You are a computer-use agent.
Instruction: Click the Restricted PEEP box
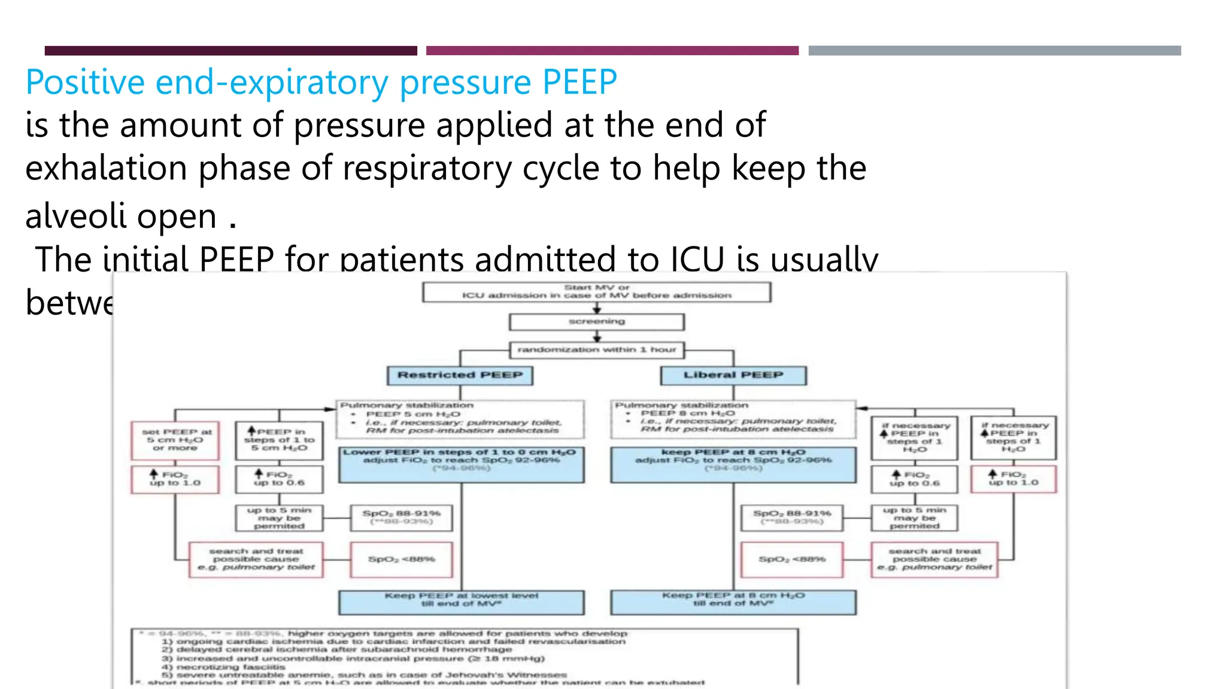pyautogui.click(x=460, y=376)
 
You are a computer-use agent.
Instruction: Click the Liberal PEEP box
pyautogui.click(x=733, y=376)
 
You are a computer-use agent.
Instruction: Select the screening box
pyautogui.click(x=596, y=322)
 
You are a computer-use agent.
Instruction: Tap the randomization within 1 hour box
pyautogui.click(x=596, y=349)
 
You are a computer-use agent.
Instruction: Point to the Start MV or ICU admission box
pyautogui.click(x=596, y=292)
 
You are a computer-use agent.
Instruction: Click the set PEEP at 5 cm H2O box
pyautogui.click(x=175, y=440)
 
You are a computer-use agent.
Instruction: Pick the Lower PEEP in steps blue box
pyautogui.click(x=461, y=464)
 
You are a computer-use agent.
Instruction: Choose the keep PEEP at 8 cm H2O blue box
pyautogui.click(x=733, y=464)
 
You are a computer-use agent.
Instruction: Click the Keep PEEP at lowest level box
pyautogui.click(x=461, y=602)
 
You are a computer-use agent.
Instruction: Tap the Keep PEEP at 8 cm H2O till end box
pyautogui.click(x=733, y=602)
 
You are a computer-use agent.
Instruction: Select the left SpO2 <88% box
pyautogui.click(x=401, y=560)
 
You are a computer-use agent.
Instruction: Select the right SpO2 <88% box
pyautogui.click(x=791, y=560)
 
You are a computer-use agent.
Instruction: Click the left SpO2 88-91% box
pyautogui.click(x=401, y=517)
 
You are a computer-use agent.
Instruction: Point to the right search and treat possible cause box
pyautogui.click(x=934, y=560)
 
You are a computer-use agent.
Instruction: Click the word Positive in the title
pyautogui.click(x=85, y=83)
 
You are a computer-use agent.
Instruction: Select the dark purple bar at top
pyautogui.click(x=230, y=51)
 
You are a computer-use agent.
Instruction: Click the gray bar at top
pyautogui.click(x=994, y=51)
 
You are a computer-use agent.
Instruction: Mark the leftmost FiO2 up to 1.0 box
pyautogui.click(x=175, y=479)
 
